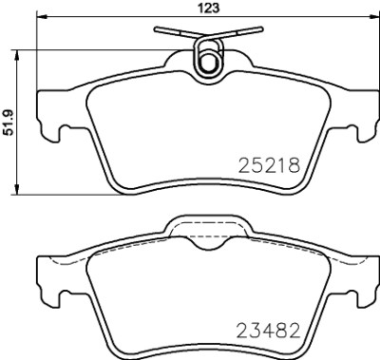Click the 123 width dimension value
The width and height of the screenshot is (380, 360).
(209, 8)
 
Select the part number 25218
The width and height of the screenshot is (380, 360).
(269, 165)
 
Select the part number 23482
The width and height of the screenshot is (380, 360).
(269, 331)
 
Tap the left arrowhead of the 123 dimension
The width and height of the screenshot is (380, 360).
(42, 15)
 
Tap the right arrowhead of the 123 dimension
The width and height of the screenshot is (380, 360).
(374, 15)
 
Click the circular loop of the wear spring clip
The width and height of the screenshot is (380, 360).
(208, 60)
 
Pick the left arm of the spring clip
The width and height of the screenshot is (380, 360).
(174, 32)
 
